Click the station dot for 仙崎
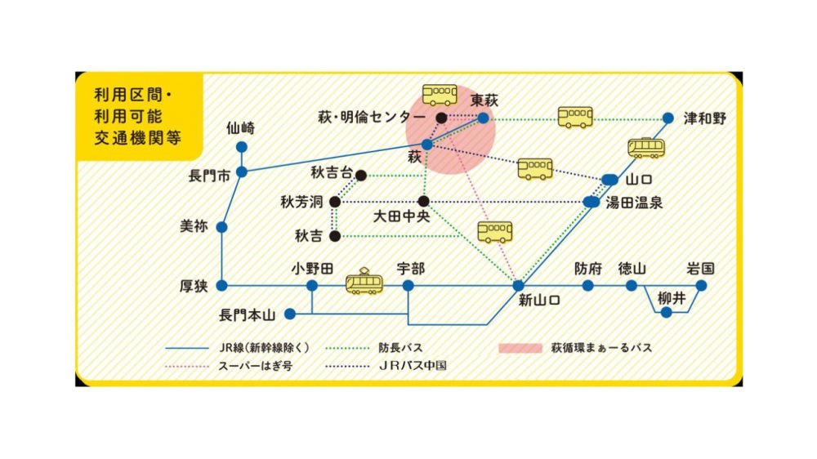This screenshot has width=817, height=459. [241, 147]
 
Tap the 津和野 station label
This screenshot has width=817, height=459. [704, 118]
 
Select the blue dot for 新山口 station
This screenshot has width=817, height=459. [517, 285]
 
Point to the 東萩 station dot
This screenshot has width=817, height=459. [483, 118]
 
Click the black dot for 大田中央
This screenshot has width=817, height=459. [423, 201]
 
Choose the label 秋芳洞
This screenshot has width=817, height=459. [301, 201]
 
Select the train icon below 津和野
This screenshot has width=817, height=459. [646, 148]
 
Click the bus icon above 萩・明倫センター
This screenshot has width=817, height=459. [440, 95]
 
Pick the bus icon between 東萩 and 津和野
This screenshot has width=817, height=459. [575, 117]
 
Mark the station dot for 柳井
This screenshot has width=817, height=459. [667, 312]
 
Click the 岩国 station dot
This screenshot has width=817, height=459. [701, 285]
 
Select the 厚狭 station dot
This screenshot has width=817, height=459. [221, 285]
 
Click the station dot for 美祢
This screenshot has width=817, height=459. [221, 227]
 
